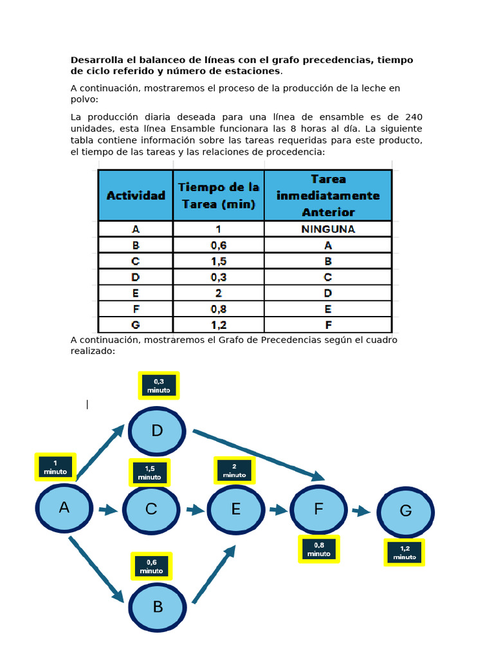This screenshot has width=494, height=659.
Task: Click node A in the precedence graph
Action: coord(64,508)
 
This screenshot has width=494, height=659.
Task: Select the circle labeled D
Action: coord(157,431)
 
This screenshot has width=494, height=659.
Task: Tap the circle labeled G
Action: coord(405,511)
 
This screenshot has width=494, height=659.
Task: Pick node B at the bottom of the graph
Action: coord(158,607)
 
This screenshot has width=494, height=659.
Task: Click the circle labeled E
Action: coord(235,509)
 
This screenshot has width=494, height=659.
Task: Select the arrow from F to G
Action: coord(361,511)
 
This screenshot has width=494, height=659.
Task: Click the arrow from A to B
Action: coord(96,570)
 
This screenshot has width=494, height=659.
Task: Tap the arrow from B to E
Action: coord(214,575)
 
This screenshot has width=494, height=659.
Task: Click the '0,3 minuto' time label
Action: coord(158,385)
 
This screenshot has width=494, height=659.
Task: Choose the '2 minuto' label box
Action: coord(234,470)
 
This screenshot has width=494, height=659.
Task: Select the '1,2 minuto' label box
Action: coord(405,553)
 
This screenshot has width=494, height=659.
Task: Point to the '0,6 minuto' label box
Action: coord(151,566)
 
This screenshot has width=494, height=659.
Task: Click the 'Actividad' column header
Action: coord(136,195)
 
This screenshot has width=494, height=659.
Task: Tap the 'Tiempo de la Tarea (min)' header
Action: coord(219,195)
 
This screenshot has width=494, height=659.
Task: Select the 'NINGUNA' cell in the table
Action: coord(328,229)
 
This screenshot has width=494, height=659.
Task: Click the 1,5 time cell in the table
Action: coord(219,261)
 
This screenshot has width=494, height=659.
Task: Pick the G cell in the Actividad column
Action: coord(136,324)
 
